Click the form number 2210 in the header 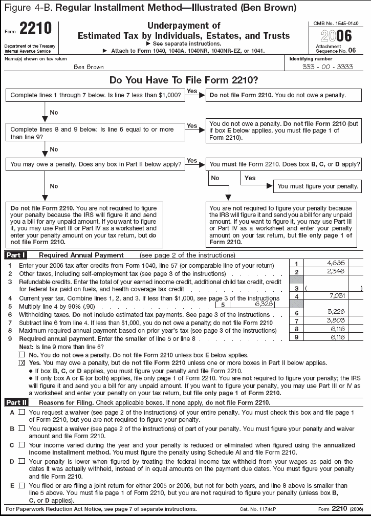coord(36,29)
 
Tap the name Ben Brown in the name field coord(89,67)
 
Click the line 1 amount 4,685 coord(338,263)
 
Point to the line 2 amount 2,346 coord(338,271)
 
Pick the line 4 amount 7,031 coord(338,296)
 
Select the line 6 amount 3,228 coord(338,312)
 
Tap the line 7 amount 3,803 coord(338,320)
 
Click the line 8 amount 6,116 coord(338,329)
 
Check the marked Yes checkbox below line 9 coord(21,362)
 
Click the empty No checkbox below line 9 coord(21,355)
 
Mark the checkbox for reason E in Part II coord(21,485)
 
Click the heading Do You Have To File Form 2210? coord(184,80)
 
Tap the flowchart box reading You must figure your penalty coord(317,186)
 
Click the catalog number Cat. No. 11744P coord(255,509)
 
